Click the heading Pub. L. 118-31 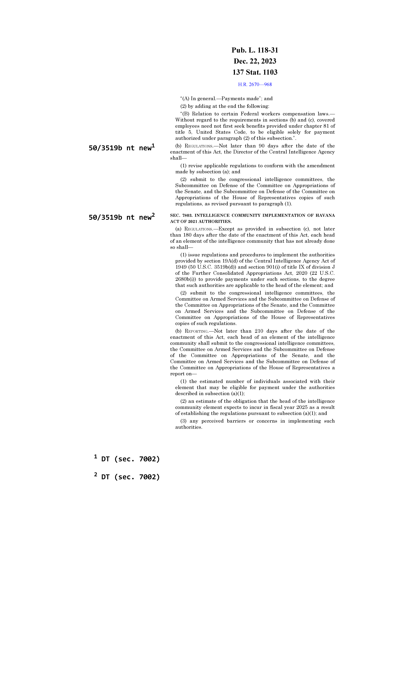(x=255, y=50)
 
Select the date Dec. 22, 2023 (x=255, y=61)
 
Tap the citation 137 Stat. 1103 (x=255, y=72)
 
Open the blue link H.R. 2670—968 (x=255, y=84)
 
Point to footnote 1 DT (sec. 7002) (x=127, y=459)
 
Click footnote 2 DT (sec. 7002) (x=127, y=477)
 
